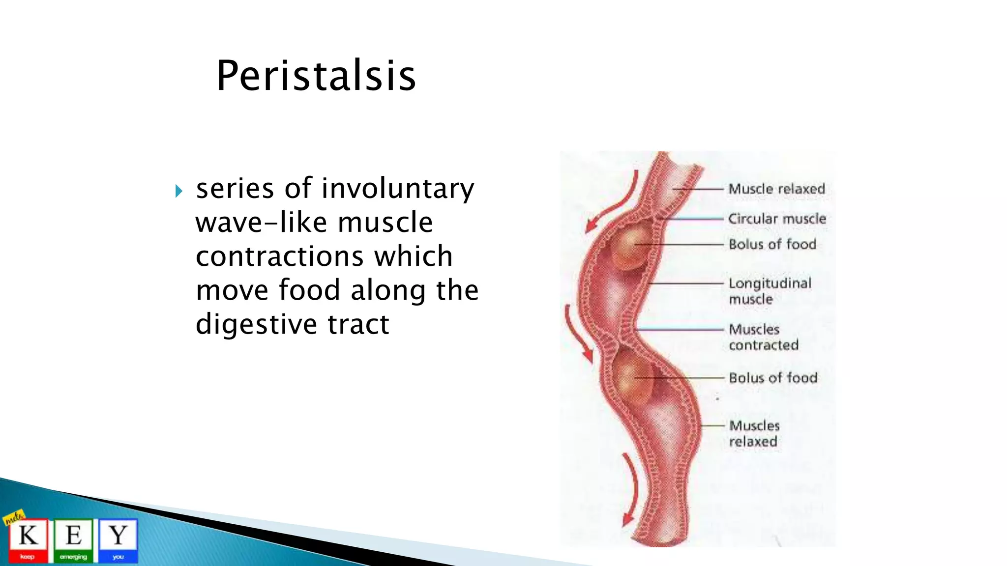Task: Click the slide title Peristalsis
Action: (316, 76)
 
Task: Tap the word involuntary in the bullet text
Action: (398, 189)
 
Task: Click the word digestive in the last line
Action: (256, 324)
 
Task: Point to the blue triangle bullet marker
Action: (178, 191)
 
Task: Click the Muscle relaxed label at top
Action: (776, 189)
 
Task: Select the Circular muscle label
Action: (776, 219)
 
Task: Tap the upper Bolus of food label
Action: (772, 244)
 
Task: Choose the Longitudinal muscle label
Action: (770, 291)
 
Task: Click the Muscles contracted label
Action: (763, 337)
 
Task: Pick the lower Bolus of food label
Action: (772, 378)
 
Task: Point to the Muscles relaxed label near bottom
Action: (754, 433)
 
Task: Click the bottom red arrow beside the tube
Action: (631, 491)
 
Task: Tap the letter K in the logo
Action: (28, 536)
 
